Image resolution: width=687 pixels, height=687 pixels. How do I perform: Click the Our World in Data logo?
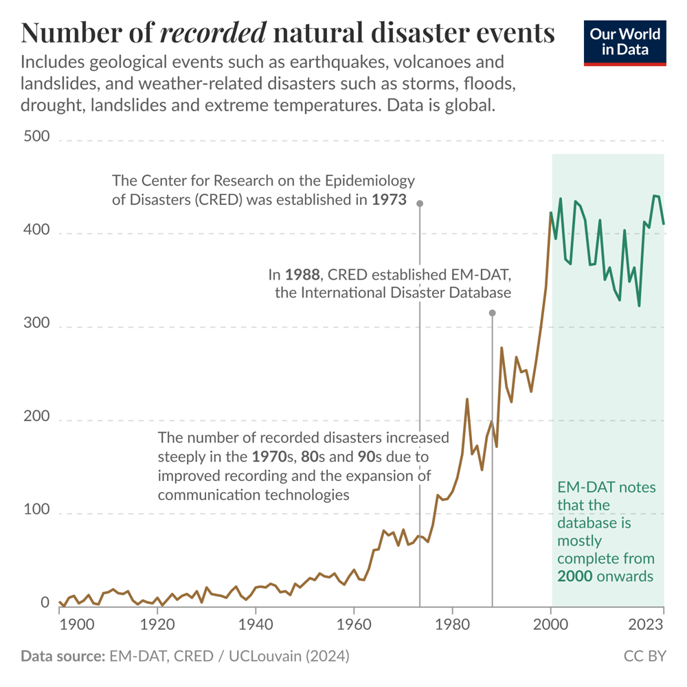click(625, 43)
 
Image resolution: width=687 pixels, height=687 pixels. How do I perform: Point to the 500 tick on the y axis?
click(36, 137)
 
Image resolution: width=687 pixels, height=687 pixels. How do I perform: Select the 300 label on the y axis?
click(36, 324)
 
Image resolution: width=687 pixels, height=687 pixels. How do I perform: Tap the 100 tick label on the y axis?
click(36, 510)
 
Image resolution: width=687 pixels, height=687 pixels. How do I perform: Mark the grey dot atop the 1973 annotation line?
click(419, 203)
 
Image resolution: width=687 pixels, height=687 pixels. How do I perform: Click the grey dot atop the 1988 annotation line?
click(492, 313)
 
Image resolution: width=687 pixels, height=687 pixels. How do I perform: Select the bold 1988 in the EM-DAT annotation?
click(303, 275)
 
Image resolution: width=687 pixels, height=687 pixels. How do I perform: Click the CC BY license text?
click(644, 656)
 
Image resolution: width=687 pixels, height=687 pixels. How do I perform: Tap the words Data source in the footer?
click(63, 656)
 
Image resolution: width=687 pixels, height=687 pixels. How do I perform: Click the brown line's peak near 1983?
click(467, 398)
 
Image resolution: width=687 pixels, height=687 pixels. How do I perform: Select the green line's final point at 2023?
click(664, 224)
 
